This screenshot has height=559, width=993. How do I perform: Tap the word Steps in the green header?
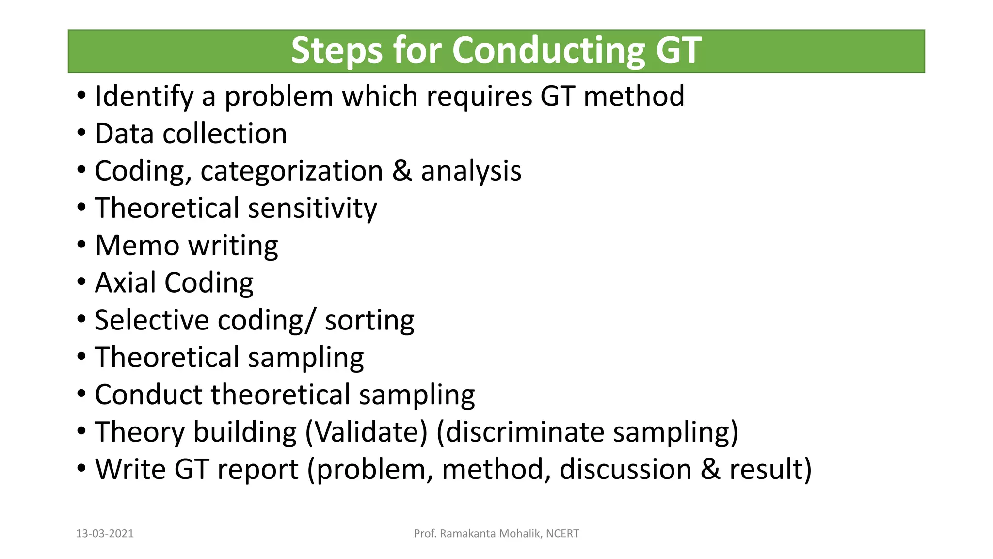[336, 50]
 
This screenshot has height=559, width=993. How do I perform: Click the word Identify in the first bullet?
[144, 97]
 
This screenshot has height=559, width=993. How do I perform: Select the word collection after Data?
[225, 133]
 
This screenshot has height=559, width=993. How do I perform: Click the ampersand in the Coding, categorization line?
[402, 171]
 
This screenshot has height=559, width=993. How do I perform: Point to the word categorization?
[292, 172]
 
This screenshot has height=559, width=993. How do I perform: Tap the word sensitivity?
[313, 209]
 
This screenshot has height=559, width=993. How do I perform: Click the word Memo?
[137, 246]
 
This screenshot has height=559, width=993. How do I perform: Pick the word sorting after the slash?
[369, 321]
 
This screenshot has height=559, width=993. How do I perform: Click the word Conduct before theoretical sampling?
[148, 395]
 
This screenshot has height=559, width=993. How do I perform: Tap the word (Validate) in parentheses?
[367, 432]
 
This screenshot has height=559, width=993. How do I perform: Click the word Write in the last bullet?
[130, 469]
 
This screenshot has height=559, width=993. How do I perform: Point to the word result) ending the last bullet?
[770, 469]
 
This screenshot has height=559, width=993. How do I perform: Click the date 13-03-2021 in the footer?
[105, 534]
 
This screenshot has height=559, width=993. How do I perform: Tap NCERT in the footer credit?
[562, 534]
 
